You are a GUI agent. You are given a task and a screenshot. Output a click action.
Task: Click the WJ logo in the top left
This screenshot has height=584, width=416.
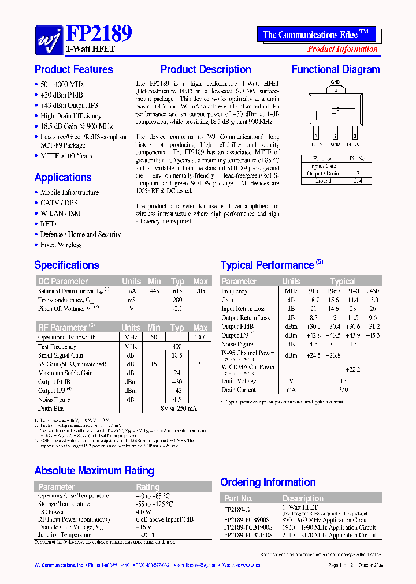[x=49, y=39]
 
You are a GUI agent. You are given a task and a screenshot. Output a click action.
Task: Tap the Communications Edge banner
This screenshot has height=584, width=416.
[x=315, y=35]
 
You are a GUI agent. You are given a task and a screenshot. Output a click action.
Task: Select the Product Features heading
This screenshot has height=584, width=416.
[x=73, y=69]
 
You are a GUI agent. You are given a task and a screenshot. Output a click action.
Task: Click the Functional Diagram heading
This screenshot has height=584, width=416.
[x=336, y=69]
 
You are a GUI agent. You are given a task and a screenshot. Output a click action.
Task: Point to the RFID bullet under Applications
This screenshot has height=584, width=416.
[x=49, y=224]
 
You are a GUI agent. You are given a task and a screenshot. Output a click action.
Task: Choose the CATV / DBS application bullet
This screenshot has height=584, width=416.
[x=59, y=203]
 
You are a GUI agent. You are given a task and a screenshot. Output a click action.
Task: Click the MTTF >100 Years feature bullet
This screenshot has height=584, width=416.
[x=66, y=156]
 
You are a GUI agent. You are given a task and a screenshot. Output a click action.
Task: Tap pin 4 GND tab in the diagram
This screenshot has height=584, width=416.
[x=335, y=90]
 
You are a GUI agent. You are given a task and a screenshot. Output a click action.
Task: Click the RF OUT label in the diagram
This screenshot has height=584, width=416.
[x=354, y=144]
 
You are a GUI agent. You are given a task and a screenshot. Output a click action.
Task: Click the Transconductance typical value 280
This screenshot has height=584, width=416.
[x=177, y=300]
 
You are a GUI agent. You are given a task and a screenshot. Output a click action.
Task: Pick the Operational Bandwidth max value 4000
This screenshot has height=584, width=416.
[x=200, y=337]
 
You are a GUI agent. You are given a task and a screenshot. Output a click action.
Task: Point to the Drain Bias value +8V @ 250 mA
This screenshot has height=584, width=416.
[x=177, y=409]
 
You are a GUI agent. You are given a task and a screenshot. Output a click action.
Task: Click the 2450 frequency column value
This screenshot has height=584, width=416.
[x=373, y=291]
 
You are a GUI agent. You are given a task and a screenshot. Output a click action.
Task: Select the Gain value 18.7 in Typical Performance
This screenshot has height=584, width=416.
[x=313, y=300]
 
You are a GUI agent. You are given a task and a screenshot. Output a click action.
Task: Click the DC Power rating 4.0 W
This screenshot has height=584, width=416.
[x=144, y=511]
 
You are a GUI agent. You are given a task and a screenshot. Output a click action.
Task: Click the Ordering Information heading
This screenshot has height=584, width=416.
[x=268, y=482]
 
